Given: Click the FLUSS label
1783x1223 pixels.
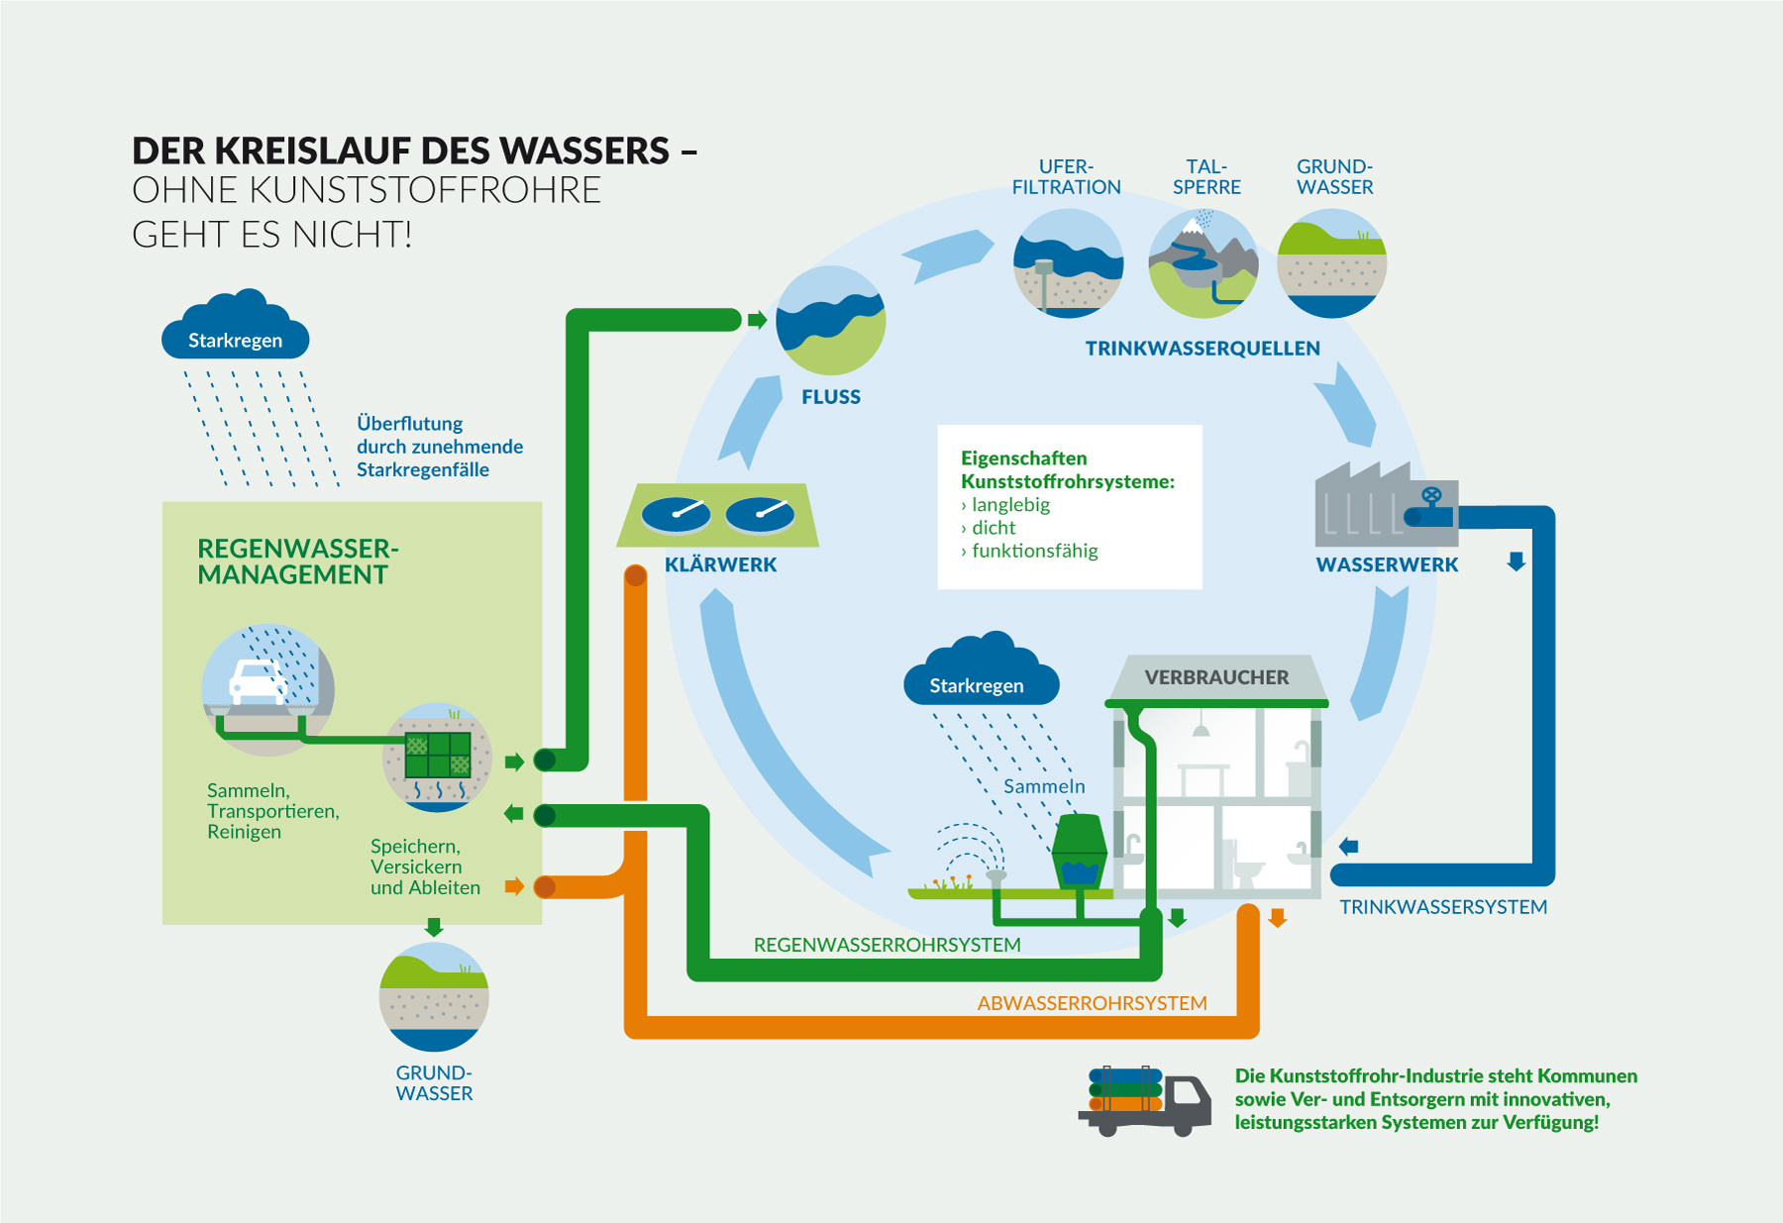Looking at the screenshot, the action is pos(831,397).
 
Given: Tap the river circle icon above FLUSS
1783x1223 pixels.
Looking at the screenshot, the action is pos(831,320).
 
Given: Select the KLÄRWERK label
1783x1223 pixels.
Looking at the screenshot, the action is pos(720,564).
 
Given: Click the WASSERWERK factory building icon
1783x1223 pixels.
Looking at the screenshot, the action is pos(1386,504).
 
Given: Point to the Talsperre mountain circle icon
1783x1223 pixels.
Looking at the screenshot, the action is pos(1204,263).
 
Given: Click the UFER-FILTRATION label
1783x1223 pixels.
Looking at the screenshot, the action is pos(1066,177).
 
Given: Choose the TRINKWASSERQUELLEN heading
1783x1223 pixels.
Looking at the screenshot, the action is pos(1203,349).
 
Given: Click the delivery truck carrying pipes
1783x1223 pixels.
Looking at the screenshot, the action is pos(1145,1100).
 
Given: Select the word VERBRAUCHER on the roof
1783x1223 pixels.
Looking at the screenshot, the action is pos(1216,677).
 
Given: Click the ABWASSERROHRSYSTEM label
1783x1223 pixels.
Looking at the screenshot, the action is pos(1092,1003).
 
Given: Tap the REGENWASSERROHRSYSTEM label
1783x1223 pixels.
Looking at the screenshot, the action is pos(887,945).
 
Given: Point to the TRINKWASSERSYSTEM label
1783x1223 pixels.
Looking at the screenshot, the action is pos(1443,907).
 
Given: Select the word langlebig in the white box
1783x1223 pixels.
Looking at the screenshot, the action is pos(1010,505).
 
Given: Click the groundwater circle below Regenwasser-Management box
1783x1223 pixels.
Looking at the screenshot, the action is pos(434,996).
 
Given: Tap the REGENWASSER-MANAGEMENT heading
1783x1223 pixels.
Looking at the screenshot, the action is pos(297,561).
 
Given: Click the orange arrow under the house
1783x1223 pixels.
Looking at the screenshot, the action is pos(1278,918).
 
